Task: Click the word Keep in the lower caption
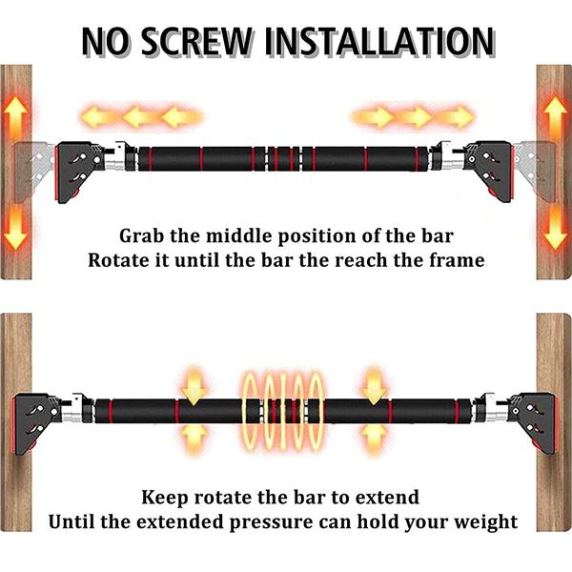click(x=165, y=498)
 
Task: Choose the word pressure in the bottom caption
click(x=271, y=522)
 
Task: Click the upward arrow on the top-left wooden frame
click(x=15, y=116)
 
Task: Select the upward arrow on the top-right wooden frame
click(x=555, y=116)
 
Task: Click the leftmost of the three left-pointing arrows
click(x=98, y=116)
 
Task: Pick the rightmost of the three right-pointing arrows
click(x=456, y=116)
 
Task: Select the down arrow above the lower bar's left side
click(x=194, y=387)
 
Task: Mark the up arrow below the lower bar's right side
click(x=373, y=439)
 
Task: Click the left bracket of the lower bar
click(x=36, y=424)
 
